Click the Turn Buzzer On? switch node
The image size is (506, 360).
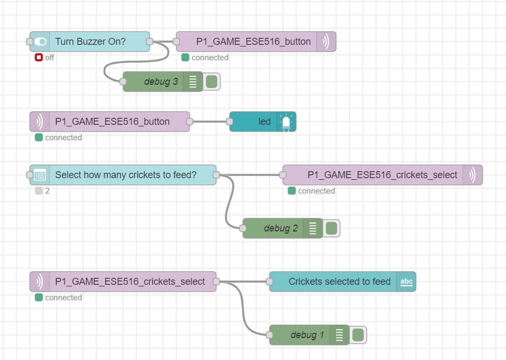coord(90,41)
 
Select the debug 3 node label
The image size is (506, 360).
coord(160,82)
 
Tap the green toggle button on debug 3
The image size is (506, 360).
coord(212,82)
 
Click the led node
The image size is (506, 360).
coord(264,121)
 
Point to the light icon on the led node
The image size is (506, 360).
coord(286,121)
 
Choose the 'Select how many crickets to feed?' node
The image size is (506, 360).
coord(126,175)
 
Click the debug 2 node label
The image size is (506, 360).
coord(280,228)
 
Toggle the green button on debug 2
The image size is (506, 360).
coord(331,228)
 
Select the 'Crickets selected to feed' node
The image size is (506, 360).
coord(339,281)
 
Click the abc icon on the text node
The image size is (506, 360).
coord(406,281)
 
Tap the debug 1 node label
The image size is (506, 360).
coord(307,335)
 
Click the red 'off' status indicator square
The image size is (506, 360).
coord(38,57)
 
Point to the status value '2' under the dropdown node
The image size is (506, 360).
coord(47,190)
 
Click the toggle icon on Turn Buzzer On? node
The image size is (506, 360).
coord(41,41)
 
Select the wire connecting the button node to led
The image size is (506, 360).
coord(210,121)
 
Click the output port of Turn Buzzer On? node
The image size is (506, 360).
coord(149,41)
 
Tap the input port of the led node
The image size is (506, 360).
coord(230,121)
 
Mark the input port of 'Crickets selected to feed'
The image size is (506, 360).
coord(270,281)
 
